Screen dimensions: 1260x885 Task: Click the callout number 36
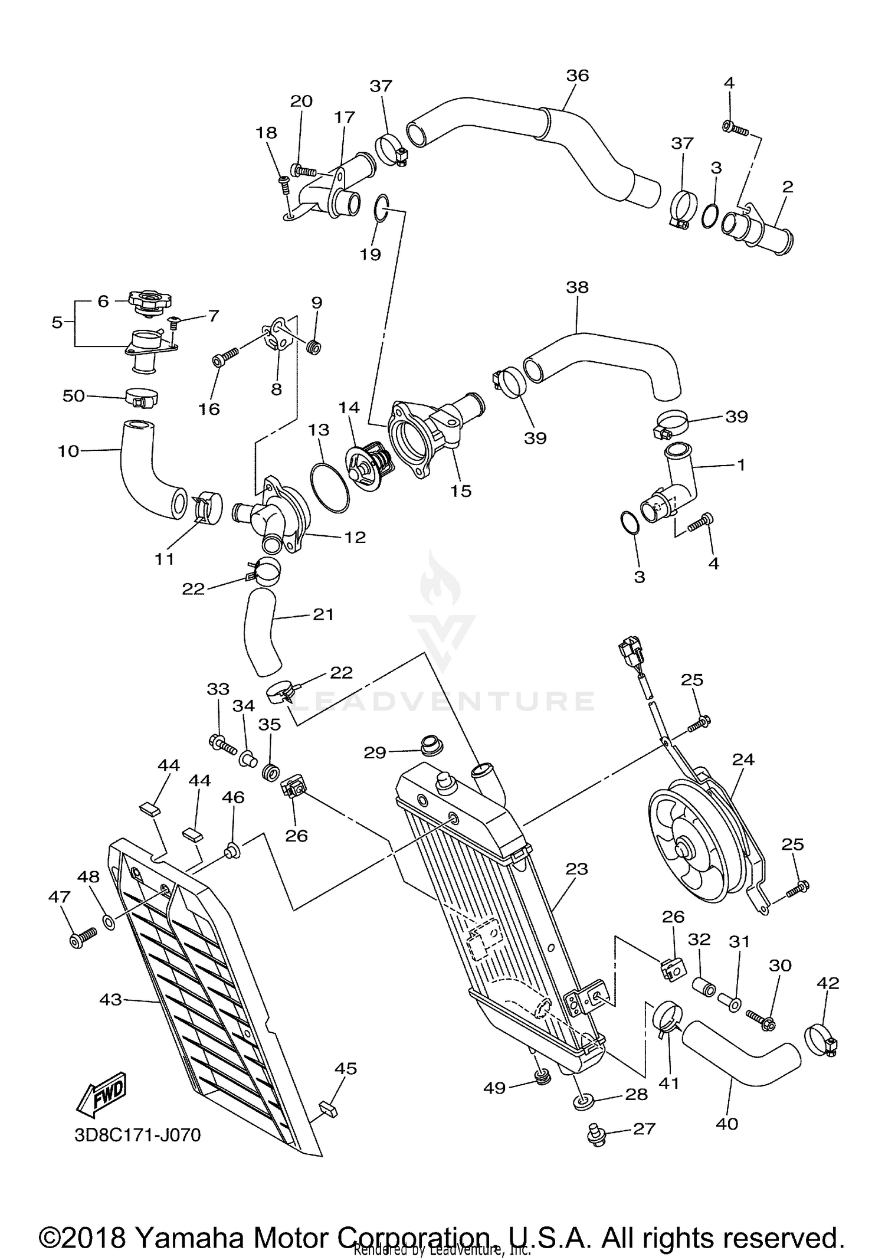577,76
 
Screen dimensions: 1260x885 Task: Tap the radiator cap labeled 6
145,302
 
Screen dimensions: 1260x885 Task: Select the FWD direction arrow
101,1095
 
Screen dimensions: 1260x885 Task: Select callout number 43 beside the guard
110,1000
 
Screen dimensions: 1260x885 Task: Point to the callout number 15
461,491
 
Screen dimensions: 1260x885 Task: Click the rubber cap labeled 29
432,745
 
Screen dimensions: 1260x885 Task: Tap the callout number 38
576,287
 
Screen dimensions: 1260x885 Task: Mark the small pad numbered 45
328,1108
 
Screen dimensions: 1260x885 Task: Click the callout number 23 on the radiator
576,869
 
